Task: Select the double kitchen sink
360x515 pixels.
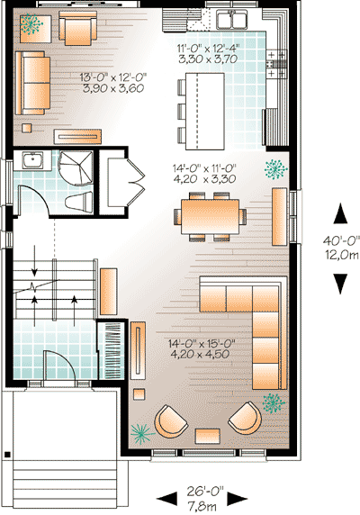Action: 228,20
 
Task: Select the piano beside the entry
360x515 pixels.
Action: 112,347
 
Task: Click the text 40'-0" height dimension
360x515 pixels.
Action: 340,240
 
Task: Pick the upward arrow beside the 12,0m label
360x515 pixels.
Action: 340,215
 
